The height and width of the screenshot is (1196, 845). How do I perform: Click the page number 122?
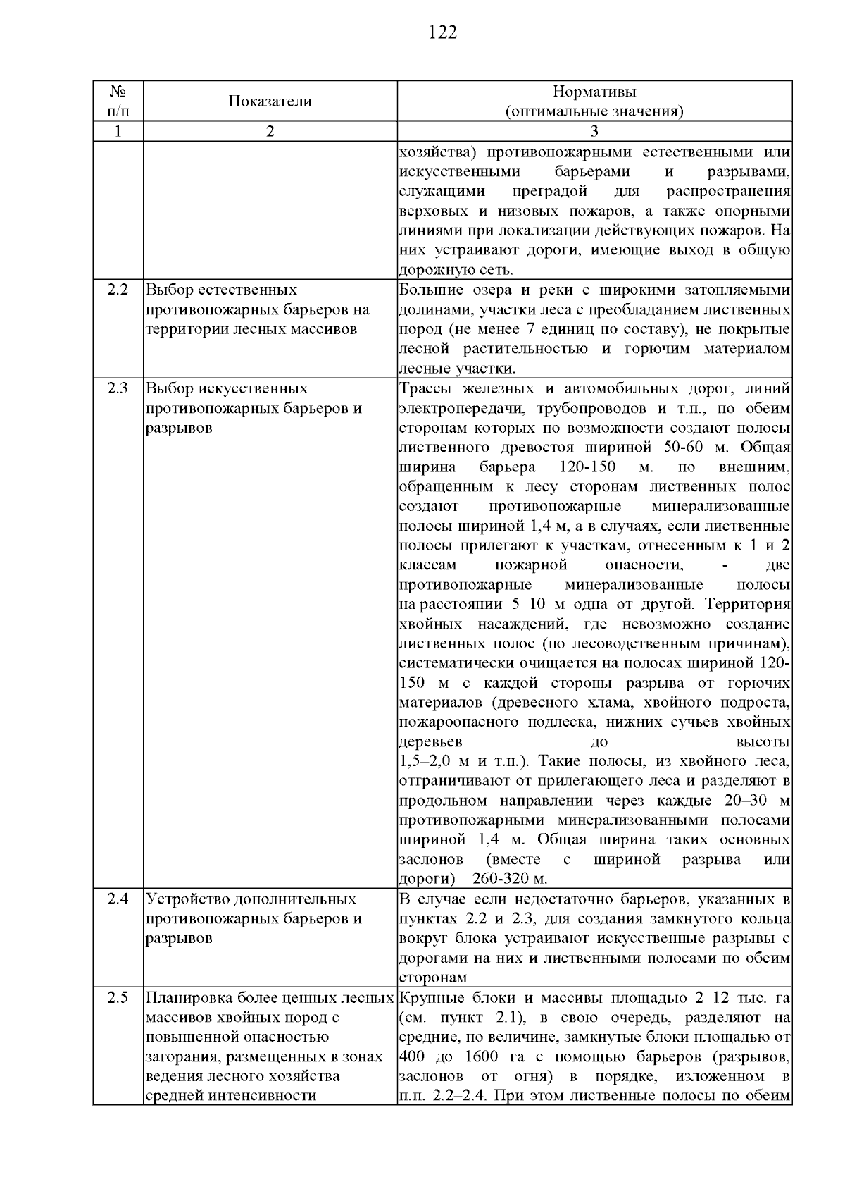tap(442, 33)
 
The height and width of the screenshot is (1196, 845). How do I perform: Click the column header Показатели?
tap(270, 101)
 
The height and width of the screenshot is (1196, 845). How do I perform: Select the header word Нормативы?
tap(595, 92)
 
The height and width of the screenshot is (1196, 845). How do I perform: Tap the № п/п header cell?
tap(118, 101)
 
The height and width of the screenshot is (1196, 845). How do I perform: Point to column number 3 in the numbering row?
tap(595, 132)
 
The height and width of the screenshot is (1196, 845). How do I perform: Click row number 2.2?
tap(118, 290)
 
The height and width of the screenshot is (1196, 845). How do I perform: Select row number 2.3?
tap(118, 388)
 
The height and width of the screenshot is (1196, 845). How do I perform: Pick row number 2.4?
tap(118, 899)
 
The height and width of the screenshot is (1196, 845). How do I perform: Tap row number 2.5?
tap(118, 998)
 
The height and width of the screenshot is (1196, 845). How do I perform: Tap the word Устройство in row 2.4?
tap(180, 899)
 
